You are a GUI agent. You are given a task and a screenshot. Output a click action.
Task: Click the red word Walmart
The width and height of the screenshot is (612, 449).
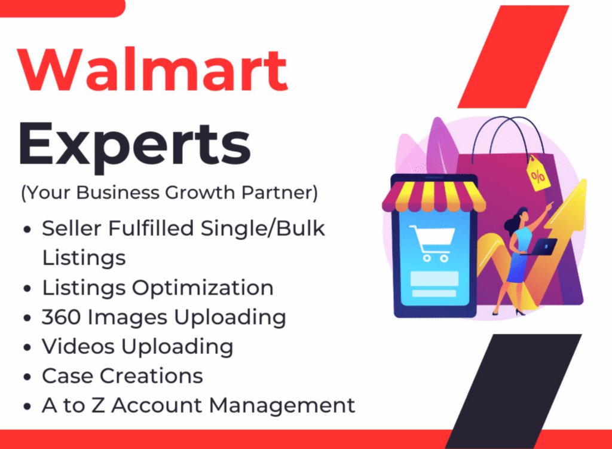coord(153,69)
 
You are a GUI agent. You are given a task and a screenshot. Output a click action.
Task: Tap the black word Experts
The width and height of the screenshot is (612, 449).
coord(134,145)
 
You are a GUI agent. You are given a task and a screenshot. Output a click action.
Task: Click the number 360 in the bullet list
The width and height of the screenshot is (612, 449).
coord(62,317)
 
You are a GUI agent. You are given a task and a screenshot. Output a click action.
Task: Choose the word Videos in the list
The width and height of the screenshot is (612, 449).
coord(78,346)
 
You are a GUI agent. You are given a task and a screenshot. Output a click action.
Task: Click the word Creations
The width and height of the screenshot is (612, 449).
coord(151,376)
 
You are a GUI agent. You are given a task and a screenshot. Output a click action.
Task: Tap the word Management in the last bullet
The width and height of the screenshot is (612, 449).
coord(282,405)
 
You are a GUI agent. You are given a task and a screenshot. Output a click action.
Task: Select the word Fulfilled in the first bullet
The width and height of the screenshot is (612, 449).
coord(151,228)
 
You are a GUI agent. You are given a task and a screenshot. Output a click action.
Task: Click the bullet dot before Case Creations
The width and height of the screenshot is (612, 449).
coord(27,377)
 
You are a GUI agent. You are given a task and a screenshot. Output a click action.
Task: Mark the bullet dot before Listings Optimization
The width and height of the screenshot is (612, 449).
coord(27,289)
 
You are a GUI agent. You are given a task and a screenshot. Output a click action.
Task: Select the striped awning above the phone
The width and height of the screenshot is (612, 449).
coord(433,196)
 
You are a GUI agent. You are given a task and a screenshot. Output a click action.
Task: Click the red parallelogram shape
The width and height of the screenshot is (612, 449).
coord(513,57)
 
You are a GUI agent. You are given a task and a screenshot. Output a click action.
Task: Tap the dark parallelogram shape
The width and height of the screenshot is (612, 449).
coord(513,391)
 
